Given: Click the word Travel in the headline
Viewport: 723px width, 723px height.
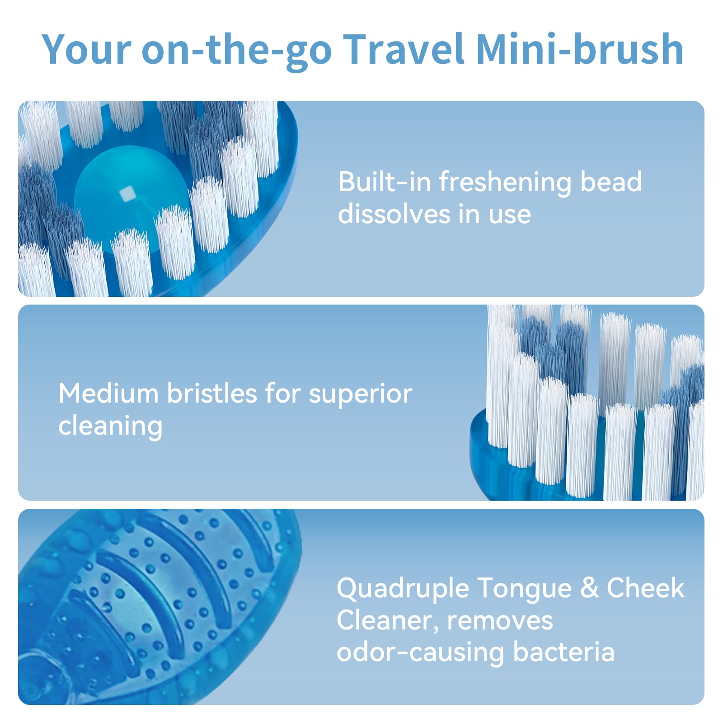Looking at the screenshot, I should click(404, 50).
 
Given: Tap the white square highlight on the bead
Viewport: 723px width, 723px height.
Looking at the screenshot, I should click(127, 193).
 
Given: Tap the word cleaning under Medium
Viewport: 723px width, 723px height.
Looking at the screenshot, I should click(110, 427).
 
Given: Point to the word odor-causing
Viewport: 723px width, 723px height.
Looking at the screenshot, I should click(420, 653).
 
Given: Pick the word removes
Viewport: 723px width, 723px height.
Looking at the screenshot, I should click(500, 620).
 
